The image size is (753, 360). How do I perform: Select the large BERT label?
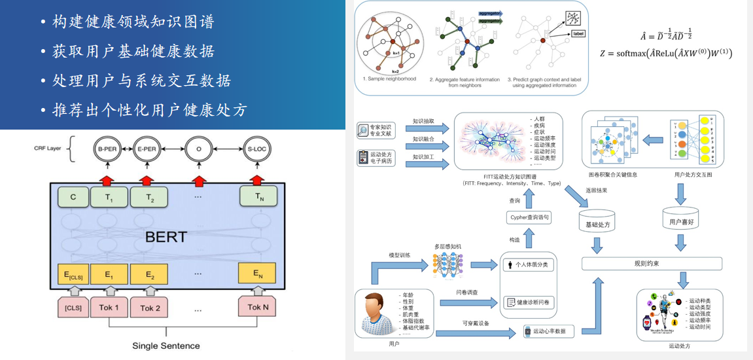point(166,236)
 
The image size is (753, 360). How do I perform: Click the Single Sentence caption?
point(166,346)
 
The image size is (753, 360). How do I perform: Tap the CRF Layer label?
point(47,149)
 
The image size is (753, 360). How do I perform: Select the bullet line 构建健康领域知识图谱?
point(133,22)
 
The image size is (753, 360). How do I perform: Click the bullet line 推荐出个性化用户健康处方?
point(150,110)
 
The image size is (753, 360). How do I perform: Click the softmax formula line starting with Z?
point(665,54)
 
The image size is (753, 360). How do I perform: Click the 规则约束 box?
point(652,263)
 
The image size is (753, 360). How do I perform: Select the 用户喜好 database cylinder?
point(680,221)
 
